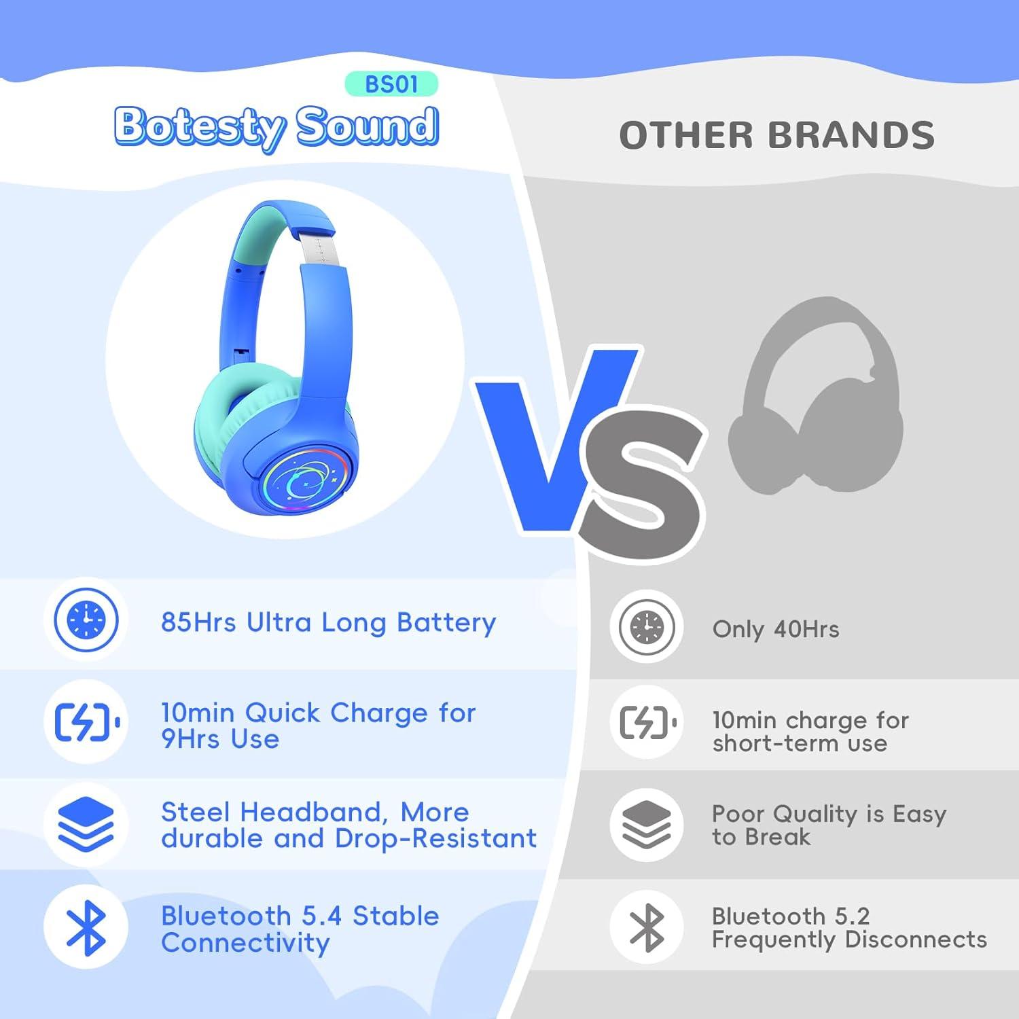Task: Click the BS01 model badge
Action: click(391, 84)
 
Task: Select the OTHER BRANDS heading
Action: click(776, 135)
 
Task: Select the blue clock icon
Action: click(86, 620)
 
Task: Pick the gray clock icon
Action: click(647, 626)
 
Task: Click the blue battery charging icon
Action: click(86, 722)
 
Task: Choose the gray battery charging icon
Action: click(647, 722)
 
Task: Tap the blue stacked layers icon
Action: click(86, 825)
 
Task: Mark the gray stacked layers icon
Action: click(647, 825)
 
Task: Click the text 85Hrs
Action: click(198, 622)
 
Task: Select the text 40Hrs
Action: click(806, 629)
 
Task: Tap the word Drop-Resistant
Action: click(435, 839)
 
